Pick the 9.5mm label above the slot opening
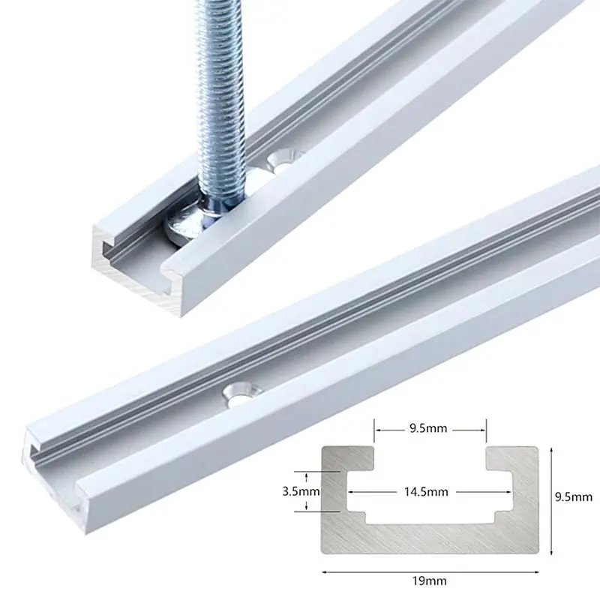click(x=430, y=430)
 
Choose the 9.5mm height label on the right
click(x=573, y=496)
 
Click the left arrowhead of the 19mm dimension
click(x=325, y=571)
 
